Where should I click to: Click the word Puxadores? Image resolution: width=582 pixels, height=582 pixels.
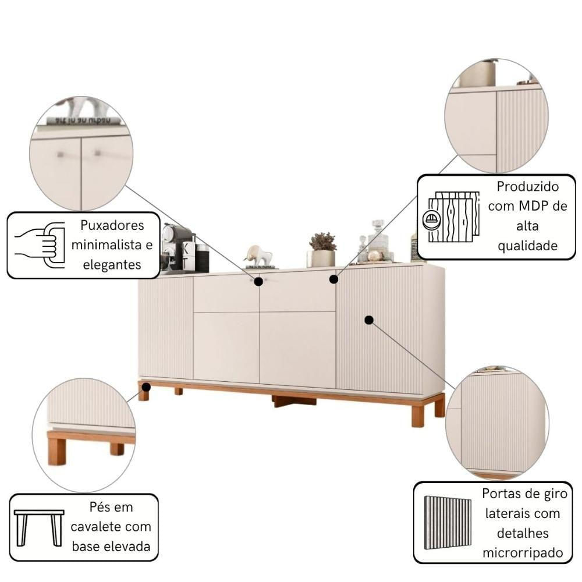pos(112,225)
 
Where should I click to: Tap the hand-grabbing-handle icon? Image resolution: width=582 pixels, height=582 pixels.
pos(40,246)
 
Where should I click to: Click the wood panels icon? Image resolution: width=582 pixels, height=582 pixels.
pos(451,217)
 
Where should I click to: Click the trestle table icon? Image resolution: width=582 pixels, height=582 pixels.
pos(39,528)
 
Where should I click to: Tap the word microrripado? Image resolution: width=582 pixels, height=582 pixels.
pos(523,553)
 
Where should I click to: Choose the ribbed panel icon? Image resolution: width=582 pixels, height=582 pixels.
pos(448,523)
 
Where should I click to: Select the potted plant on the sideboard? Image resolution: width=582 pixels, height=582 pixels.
pos(322,250)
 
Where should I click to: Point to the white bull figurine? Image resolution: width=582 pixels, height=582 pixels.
pos(258,255)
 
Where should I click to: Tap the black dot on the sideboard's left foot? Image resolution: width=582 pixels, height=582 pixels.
pos(146,387)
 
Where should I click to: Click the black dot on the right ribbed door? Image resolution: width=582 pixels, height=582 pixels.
pos(369,320)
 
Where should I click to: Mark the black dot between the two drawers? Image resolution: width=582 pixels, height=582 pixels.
pos(259,281)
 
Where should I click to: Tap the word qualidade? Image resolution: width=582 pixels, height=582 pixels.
pos(527,246)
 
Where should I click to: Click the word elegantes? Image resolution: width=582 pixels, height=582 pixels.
pos(112,265)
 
